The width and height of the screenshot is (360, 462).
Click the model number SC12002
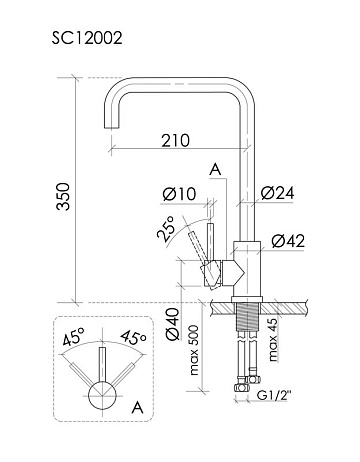pyautogui.click(x=87, y=38)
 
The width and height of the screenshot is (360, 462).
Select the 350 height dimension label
pyautogui.click(x=63, y=196)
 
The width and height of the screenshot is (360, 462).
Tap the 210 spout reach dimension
pyautogui.click(x=176, y=140)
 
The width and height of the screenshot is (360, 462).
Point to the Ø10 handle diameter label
pyautogui.click(x=179, y=194)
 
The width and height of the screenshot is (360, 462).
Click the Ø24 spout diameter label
pyautogui.click(x=278, y=193)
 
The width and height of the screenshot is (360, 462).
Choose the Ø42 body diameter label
pyautogui.click(x=288, y=241)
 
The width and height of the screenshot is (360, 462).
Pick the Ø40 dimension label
pyautogui.click(x=173, y=324)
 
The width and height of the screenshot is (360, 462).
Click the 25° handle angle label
pyautogui.click(x=167, y=229)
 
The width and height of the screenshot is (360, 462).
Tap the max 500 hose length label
pyautogui.click(x=194, y=350)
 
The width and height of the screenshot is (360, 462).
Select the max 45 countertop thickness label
pyautogui.click(x=273, y=340)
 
